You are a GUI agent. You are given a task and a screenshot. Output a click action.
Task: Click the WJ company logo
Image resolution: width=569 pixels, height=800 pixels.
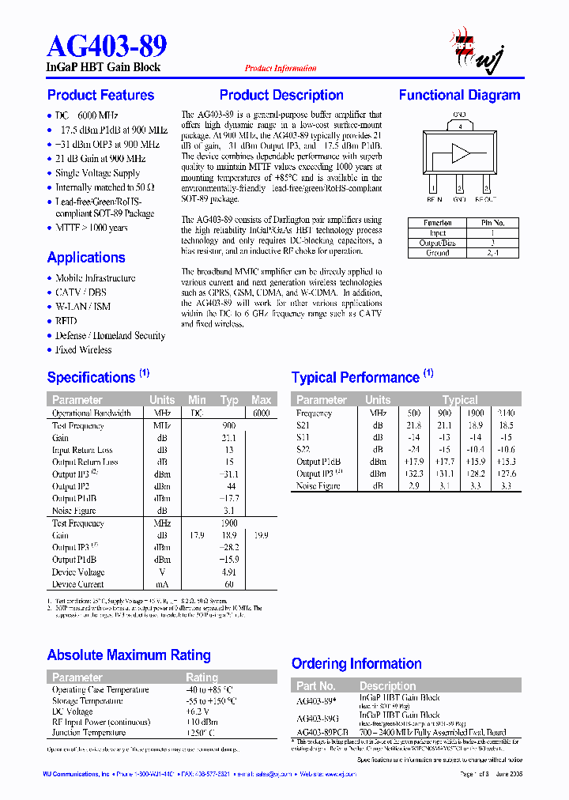click(x=477, y=49)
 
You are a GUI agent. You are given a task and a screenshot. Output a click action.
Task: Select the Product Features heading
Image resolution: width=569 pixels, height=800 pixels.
click(x=100, y=96)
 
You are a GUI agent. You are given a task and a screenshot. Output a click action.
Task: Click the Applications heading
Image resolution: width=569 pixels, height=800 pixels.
click(x=86, y=258)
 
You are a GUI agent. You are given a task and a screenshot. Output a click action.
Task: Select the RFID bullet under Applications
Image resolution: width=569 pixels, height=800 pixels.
click(x=66, y=321)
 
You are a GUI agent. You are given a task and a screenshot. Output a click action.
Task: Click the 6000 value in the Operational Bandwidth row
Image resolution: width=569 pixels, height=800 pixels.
click(x=261, y=413)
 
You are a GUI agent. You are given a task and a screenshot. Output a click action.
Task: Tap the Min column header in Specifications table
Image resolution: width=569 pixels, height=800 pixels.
click(x=197, y=400)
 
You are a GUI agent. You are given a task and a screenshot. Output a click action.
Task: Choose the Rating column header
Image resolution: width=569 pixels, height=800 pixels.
click(x=202, y=677)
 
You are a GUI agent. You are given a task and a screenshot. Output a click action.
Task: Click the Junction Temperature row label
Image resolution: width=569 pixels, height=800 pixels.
click(x=89, y=732)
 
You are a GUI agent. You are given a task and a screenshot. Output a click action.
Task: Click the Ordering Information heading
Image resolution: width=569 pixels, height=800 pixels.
click(x=356, y=664)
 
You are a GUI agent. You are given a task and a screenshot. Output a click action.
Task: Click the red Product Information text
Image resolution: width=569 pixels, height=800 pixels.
click(x=281, y=69)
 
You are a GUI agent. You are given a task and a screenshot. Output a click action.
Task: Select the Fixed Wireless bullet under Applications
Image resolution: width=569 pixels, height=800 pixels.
click(x=83, y=349)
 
